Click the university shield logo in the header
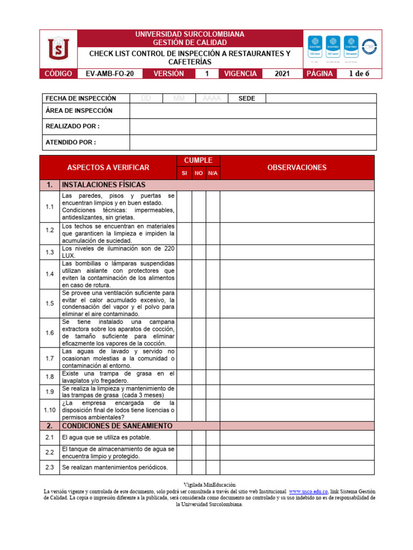click(59, 49)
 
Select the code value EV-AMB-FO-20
click(110, 74)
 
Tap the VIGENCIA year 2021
click(282, 74)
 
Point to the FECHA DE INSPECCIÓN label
click(81, 99)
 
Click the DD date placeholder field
click(146, 99)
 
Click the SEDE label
click(247, 99)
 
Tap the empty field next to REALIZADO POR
click(253, 126)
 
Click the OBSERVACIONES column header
click(297, 168)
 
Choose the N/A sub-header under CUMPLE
click(213, 174)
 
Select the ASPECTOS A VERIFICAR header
click(108, 168)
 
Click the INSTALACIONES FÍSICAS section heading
click(104, 185)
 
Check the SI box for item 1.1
click(184, 207)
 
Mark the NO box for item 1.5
click(199, 303)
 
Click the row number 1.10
click(50, 410)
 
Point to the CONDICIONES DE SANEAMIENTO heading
click(117, 426)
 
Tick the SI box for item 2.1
click(184, 438)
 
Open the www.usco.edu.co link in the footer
click(308, 491)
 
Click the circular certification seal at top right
click(369, 47)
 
